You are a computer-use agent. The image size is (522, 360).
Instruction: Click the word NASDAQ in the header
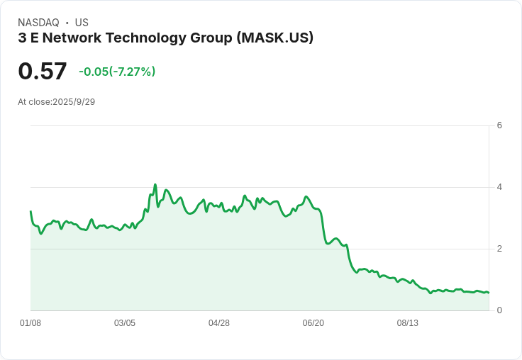point(38,23)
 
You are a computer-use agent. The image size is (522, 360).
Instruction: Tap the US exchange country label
point(82,23)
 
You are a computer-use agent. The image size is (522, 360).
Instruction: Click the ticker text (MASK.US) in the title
point(276,38)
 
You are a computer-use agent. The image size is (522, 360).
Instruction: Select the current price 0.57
point(43,71)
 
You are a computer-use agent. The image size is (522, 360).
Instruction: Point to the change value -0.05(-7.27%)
point(117,72)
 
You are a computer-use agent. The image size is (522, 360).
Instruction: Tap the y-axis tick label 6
point(499,125)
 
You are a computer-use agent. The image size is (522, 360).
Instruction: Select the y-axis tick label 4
point(499,187)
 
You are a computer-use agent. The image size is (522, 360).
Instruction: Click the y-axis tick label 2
point(499,249)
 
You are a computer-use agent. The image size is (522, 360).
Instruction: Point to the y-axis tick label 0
point(499,310)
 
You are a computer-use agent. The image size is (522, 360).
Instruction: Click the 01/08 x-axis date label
point(30,323)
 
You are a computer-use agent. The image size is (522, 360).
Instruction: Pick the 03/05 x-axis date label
point(125,323)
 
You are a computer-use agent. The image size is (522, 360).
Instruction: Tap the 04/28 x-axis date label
point(219,323)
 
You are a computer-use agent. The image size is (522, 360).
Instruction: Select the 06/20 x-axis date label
point(313,323)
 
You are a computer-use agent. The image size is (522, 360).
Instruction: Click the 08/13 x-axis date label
point(408,323)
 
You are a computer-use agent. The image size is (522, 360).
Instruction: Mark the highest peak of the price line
point(155,185)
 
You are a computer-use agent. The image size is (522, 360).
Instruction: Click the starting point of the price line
point(30,211)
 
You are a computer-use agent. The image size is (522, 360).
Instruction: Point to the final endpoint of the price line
point(489,293)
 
